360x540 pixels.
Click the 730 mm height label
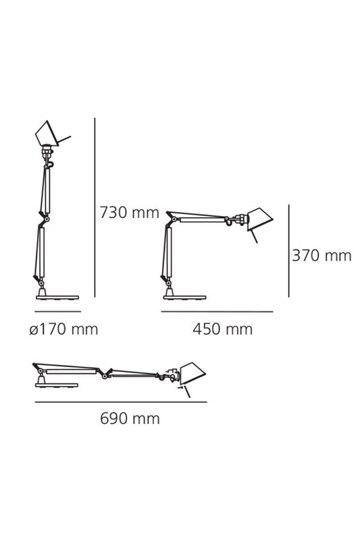click(129, 213)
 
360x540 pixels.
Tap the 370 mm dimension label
click(322, 256)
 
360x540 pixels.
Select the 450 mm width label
click(222, 329)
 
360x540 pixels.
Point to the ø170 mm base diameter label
click(63, 329)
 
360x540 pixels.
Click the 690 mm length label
click(130, 418)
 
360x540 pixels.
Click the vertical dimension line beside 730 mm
click(95, 207)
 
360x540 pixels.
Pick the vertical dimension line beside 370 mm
click(288, 250)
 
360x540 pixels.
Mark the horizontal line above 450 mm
click(217, 312)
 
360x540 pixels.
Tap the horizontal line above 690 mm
click(121, 402)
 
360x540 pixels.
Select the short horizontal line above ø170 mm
click(58, 311)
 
